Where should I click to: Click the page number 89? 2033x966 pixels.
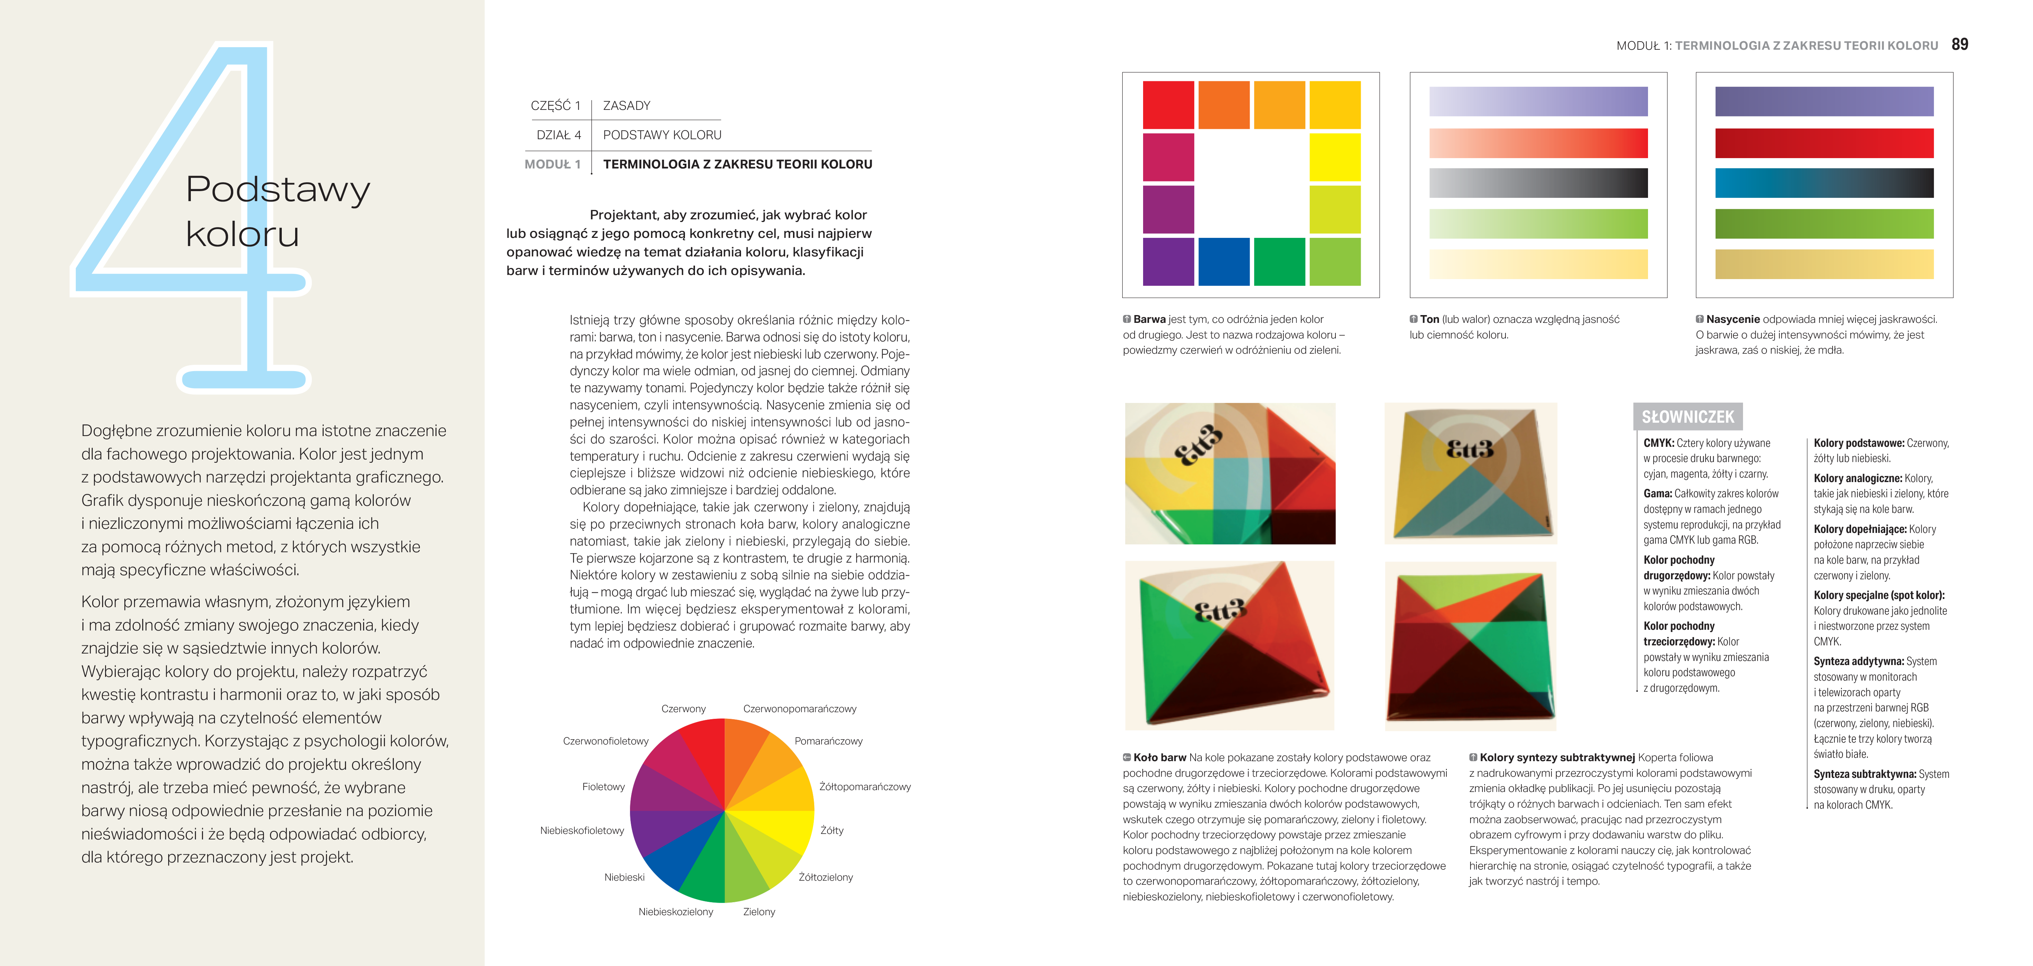pyautogui.click(x=1959, y=45)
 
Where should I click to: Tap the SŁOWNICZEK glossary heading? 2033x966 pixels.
pyautogui.click(x=1687, y=417)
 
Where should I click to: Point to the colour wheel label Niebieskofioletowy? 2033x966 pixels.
pyautogui.click(x=582, y=830)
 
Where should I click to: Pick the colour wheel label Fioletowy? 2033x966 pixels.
pyautogui.click(x=603, y=787)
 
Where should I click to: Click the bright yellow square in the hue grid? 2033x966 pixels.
pyautogui.click(x=1335, y=157)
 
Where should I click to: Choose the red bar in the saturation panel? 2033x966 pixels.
pyautogui.click(x=1824, y=143)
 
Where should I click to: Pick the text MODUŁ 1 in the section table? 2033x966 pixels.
pyautogui.click(x=552, y=164)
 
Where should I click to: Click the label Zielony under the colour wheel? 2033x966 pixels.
pyautogui.click(x=758, y=911)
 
